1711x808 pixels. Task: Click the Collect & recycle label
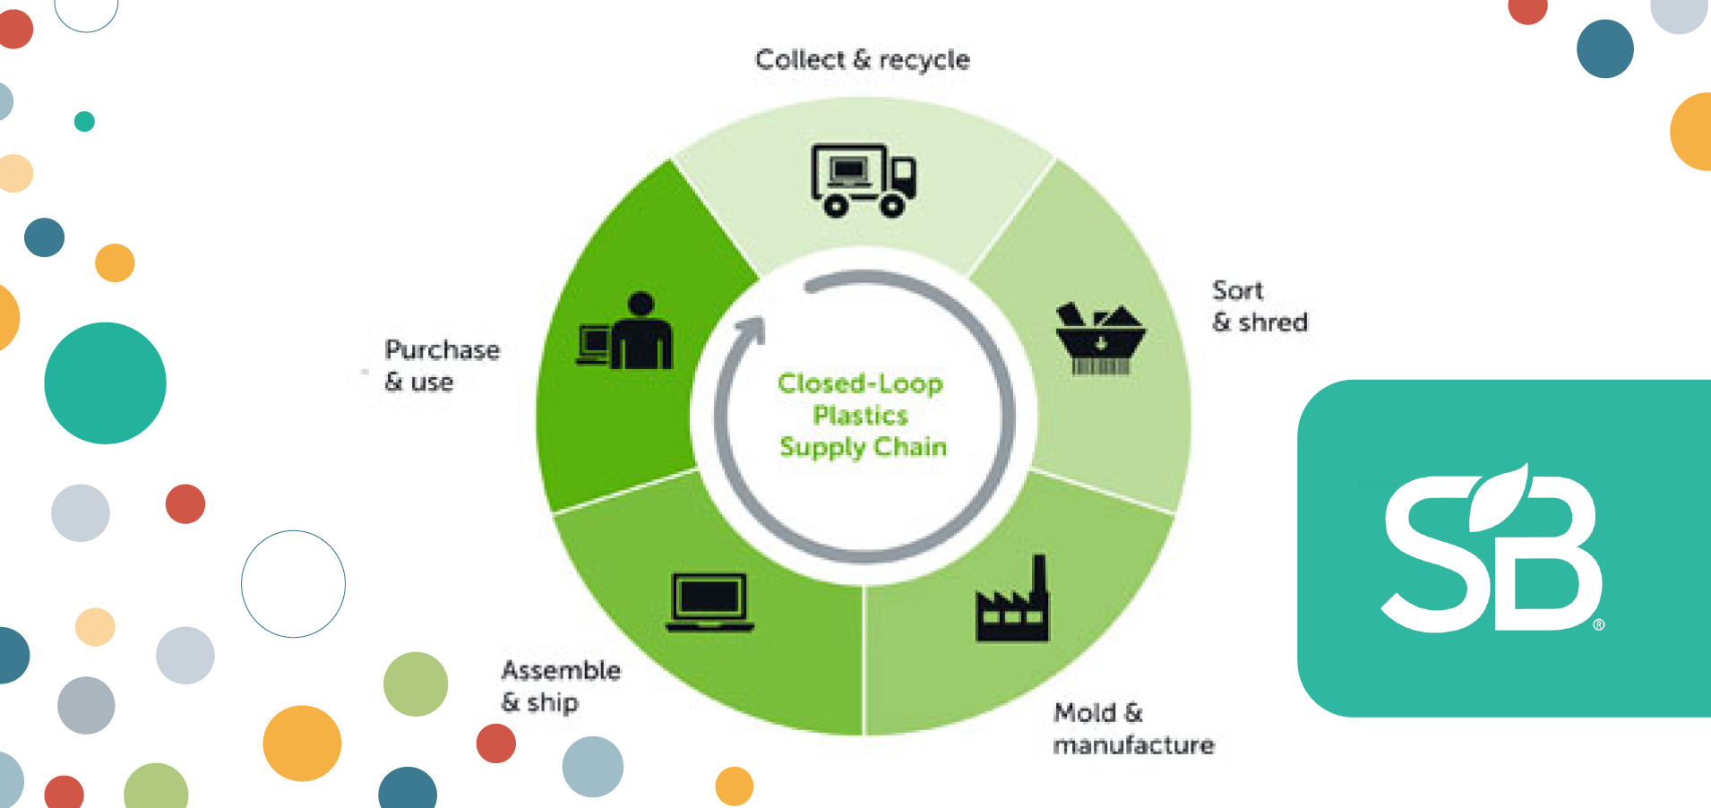point(862,60)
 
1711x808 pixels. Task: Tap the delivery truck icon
point(863,180)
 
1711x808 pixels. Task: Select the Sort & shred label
point(1259,306)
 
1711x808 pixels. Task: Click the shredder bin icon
point(1100,340)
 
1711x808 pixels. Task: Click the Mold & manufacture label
point(1132,729)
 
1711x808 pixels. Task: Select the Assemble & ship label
point(560,686)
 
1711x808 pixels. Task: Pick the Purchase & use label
point(441,365)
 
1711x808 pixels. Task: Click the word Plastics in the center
point(860,416)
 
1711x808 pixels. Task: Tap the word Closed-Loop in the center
point(860,383)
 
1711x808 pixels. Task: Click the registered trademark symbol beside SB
point(1599,624)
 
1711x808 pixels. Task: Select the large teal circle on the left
point(105,383)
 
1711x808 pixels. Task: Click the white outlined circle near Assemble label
point(293,584)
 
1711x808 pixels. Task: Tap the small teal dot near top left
point(84,121)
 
